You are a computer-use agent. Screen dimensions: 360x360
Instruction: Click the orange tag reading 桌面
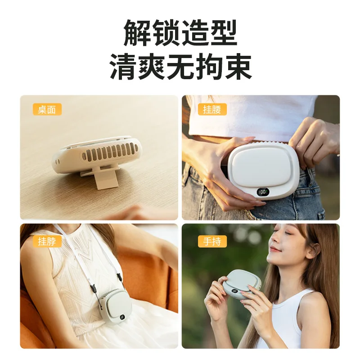(47, 109)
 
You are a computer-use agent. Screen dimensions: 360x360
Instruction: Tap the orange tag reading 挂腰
(212, 109)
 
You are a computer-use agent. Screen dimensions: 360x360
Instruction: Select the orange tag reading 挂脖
(47, 241)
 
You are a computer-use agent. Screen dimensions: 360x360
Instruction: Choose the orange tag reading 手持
(212, 241)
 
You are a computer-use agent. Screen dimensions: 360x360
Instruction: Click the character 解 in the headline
(138, 33)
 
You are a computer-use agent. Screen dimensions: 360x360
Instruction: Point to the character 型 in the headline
(223, 33)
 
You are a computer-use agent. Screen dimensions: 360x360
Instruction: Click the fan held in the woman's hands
(244, 285)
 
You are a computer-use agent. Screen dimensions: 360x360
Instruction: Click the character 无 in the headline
(180, 67)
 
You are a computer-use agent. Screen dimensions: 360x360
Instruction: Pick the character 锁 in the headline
(166, 33)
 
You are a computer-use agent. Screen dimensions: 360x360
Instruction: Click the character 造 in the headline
(194, 33)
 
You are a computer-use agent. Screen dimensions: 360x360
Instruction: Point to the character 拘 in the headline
(209, 67)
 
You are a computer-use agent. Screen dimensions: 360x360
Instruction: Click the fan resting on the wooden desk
(97, 155)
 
